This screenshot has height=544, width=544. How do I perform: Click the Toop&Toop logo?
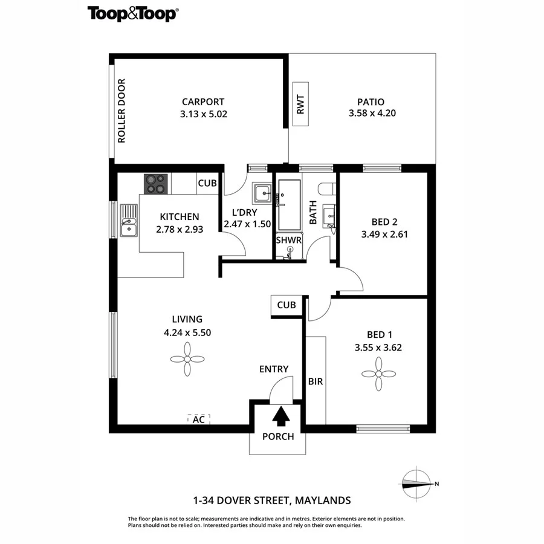click(133, 13)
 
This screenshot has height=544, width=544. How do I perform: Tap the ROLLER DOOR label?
click(121, 111)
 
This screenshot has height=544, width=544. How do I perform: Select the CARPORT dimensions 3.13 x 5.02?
click(204, 113)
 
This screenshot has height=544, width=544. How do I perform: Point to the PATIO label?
click(366, 102)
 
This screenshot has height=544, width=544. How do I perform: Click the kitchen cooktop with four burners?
click(156, 184)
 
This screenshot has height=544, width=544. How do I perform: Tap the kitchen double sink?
click(129, 221)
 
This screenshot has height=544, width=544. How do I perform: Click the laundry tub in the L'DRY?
click(263, 193)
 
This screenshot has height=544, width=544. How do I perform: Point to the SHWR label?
click(288, 240)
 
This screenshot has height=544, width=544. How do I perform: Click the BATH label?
click(313, 213)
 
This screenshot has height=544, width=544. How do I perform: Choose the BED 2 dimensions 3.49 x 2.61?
click(385, 233)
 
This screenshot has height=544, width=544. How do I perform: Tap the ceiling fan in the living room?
click(187, 359)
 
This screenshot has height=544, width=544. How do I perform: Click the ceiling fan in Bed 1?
click(379, 374)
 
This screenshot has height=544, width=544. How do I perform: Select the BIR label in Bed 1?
click(316, 381)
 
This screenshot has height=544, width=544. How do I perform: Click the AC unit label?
click(198, 419)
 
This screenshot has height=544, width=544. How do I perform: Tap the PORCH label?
click(278, 436)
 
